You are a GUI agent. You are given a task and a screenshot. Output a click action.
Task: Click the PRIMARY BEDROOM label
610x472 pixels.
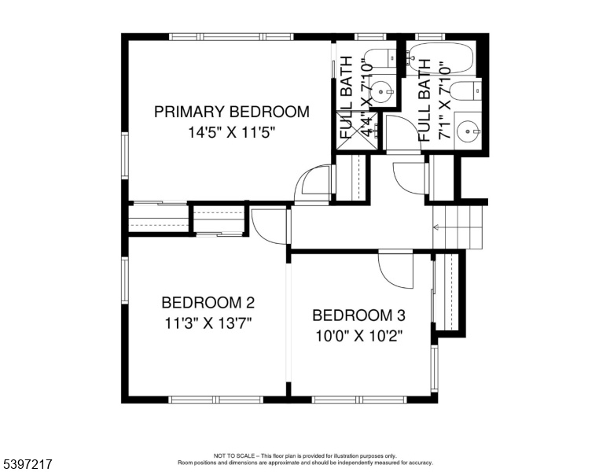[x=232, y=112]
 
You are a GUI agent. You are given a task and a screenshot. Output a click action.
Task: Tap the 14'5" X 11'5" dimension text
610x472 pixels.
[x=232, y=132]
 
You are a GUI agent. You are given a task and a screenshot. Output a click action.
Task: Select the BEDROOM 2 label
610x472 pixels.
[x=208, y=302]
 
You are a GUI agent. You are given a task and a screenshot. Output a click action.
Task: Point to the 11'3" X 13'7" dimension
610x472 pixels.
[x=208, y=323]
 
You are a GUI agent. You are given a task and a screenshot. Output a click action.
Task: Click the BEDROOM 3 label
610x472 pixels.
[x=358, y=315]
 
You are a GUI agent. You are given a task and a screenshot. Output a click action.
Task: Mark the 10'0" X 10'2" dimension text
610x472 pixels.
[x=358, y=336]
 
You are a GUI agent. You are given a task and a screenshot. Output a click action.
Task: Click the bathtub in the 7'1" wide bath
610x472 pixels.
[x=442, y=58]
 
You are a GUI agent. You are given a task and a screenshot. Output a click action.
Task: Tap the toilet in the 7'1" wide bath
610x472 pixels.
[x=465, y=91]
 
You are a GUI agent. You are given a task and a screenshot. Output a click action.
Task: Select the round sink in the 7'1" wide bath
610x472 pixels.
[x=468, y=131]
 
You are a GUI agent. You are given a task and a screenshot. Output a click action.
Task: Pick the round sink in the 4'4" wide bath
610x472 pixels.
[x=381, y=92]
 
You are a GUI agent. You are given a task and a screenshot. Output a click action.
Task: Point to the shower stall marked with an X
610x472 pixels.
[x=357, y=131]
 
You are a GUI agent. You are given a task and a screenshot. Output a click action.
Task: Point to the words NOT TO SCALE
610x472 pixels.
[x=233, y=455]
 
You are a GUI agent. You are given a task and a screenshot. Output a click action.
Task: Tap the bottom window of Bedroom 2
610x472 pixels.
[x=216, y=399]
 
